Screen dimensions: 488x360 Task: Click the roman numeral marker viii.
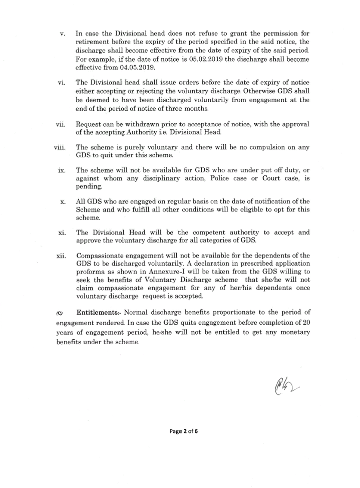point(60,148)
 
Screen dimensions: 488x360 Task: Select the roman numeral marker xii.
point(61,256)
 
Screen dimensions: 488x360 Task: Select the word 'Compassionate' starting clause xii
point(102,256)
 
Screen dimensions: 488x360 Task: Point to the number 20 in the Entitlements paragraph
point(305,321)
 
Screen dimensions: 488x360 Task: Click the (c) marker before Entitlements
point(59,313)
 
